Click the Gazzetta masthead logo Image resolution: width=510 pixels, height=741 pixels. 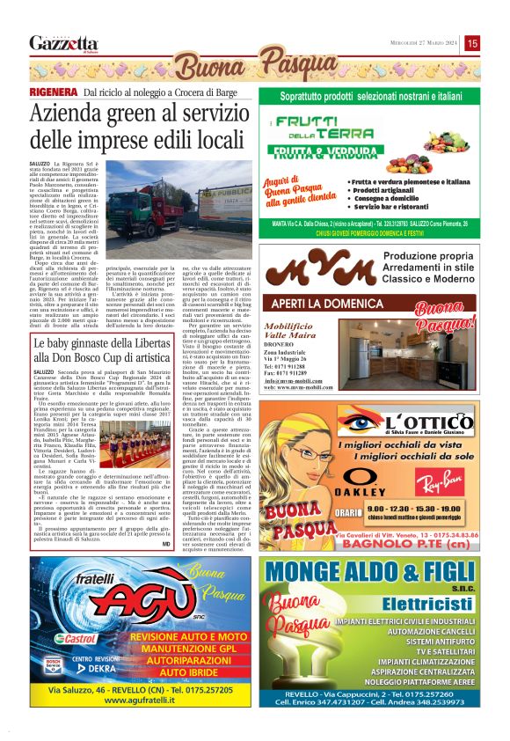pos(63,43)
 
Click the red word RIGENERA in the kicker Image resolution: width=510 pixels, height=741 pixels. pos(54,92)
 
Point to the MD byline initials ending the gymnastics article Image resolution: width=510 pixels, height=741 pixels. pos(239,544)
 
